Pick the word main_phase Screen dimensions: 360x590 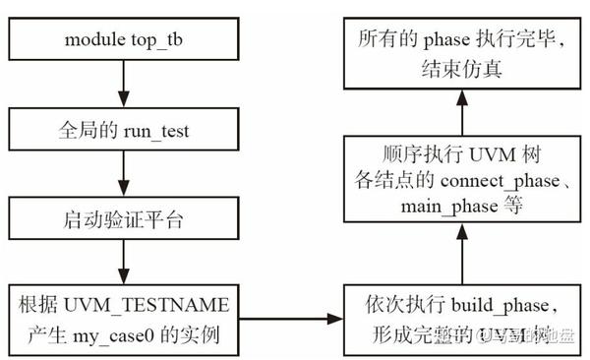point(443,207)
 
